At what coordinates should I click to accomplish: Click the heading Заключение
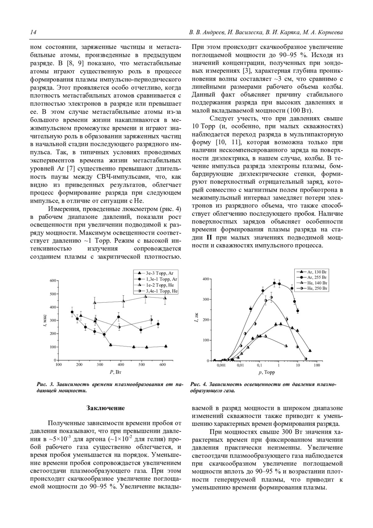(x=105, y=408)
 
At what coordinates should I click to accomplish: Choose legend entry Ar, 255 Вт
(x=317, y=277)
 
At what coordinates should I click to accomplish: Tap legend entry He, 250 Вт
(x=317, y=289)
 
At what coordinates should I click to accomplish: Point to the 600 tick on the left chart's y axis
(x=53, y=281)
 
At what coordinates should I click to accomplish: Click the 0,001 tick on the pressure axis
(x=221, y=365)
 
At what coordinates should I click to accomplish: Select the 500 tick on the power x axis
(x=142, y=365)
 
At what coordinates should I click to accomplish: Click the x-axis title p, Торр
(x=266, y=372)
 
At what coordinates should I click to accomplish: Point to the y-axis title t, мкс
(x=45, y=321)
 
